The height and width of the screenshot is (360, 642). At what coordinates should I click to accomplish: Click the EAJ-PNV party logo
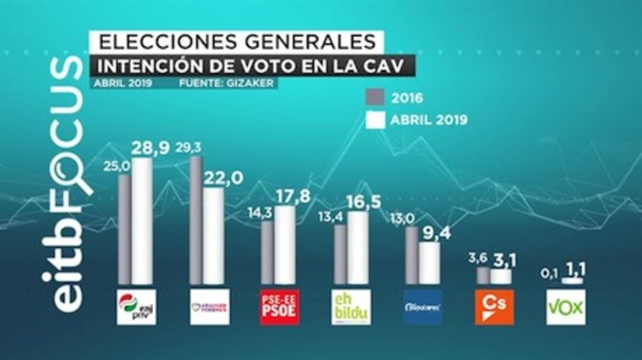pos(136,306)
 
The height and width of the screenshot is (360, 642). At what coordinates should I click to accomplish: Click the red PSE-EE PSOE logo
pos(279,306)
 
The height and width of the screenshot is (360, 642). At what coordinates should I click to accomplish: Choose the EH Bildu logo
pos(351,306)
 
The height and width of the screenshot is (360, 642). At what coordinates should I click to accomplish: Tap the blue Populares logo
pos(423,306)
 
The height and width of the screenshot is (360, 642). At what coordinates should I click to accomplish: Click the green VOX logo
pos(565,306)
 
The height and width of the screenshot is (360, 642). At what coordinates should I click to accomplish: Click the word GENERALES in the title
pos(305,42)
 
